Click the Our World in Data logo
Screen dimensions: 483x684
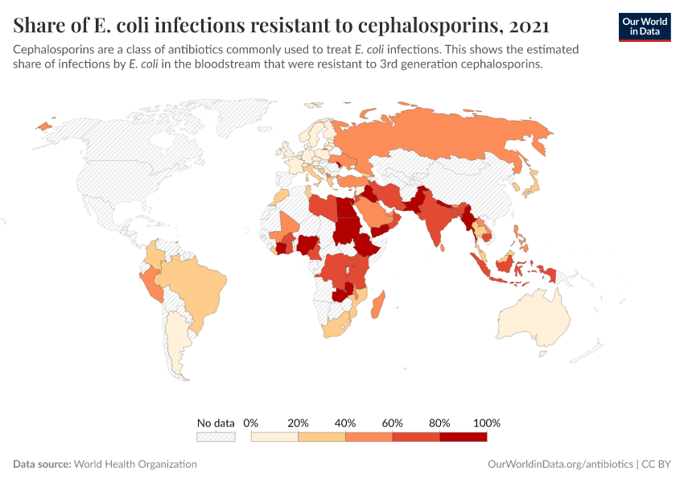645,26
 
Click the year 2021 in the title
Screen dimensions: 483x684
530,25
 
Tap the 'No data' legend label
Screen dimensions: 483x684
216,423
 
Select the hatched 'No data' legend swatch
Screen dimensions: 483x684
216,436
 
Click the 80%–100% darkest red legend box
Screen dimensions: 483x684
464,436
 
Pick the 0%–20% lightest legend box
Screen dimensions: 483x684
274,436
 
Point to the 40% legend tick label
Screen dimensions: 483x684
345,423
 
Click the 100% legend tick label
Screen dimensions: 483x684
487,423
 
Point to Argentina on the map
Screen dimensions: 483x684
179,346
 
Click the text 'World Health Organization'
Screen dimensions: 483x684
136,464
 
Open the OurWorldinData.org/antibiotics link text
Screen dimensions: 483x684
560,464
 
